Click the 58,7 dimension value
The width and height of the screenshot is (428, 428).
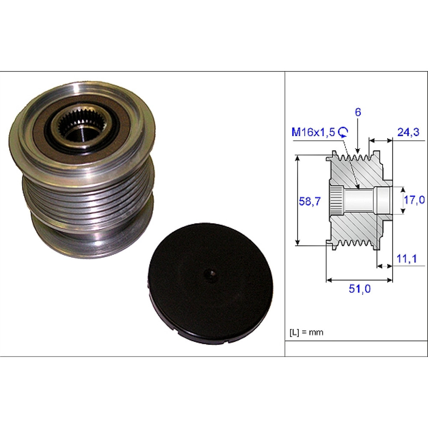click(x=309, y=202)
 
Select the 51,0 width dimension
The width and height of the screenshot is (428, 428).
click(x=360, y=289)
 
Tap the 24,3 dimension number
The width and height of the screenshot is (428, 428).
click(x=408, y=132)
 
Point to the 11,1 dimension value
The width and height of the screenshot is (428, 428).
click(x=407, y=259)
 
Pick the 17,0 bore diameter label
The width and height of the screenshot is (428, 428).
click(x=414, y=200)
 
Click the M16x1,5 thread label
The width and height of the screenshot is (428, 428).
click(x=313, y=132)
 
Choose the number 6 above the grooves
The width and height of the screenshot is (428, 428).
click(x=358, y=112)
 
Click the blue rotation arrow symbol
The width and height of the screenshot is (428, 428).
click(x=343, y=132)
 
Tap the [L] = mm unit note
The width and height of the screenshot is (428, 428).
click(x=306, y=332)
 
